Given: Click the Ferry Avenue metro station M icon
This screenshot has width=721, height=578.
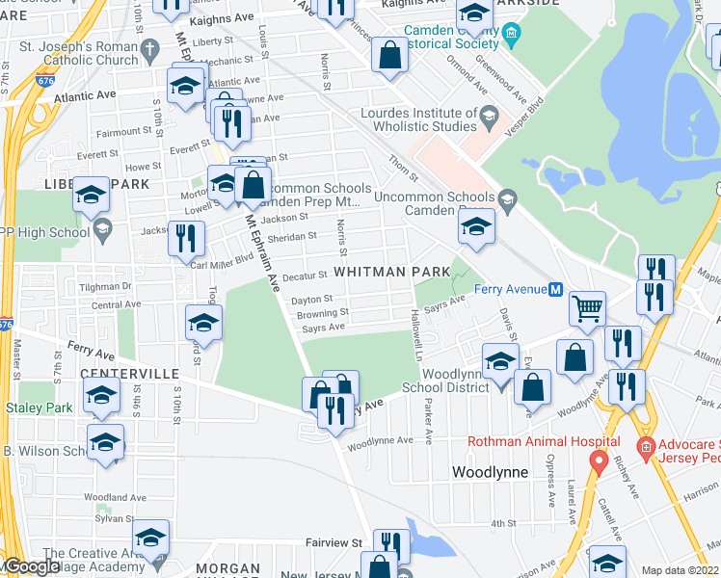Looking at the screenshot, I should pos(555,290).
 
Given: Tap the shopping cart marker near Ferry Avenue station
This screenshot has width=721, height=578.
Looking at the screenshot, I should pos(587,309).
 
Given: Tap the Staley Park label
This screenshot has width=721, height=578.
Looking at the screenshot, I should pos(39,408).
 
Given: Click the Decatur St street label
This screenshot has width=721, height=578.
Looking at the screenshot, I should pos(307,276).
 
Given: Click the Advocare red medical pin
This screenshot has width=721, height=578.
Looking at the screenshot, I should pos(645,449).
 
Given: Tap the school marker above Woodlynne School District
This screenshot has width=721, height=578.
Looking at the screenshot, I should pos(499,362).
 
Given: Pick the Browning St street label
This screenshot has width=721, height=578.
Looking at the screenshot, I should pos(323,313).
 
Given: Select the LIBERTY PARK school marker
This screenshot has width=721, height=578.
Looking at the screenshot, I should pos(91,197).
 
